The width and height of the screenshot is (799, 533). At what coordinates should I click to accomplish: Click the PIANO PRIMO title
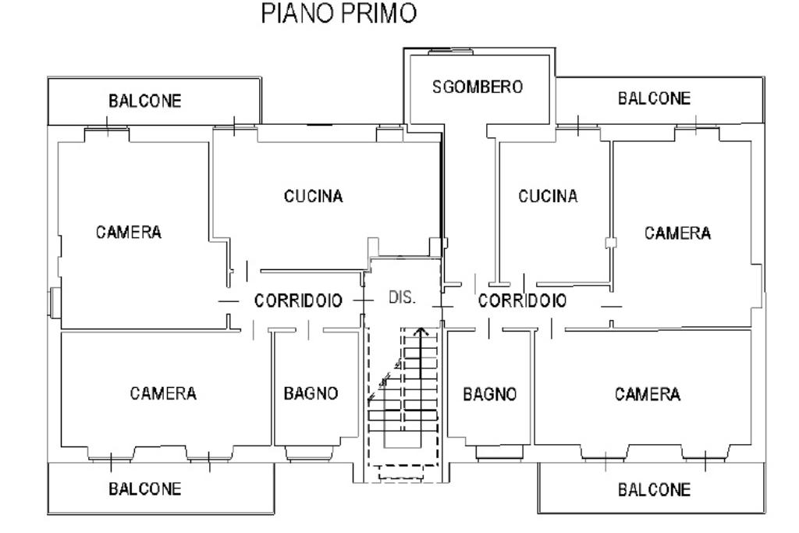tap(339, 13)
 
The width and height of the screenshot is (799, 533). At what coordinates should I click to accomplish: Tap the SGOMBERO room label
tap(478, 87)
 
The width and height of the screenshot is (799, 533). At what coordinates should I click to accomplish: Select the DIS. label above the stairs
tap(402, 297)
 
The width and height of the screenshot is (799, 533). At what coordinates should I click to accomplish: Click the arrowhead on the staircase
tap(421, 332)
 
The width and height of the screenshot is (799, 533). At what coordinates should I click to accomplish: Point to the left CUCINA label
tap(314, 196)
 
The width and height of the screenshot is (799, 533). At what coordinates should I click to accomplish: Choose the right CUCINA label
tap(548, 196)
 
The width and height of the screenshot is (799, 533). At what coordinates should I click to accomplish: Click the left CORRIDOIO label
tap(298, 300)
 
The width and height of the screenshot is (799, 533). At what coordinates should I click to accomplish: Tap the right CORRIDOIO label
tap(522, 300)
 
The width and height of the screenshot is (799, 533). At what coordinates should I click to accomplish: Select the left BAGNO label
tap(311, 393)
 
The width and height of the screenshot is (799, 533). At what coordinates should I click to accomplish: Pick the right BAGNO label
tap(490, 394)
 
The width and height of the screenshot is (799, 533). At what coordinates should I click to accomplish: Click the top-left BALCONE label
tap(144, 101)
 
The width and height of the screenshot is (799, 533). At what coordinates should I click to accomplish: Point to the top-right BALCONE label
tap(655, 98)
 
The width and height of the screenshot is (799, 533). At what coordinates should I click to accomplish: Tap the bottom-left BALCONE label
tap(144, 489)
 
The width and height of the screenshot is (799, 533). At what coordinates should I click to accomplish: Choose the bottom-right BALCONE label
tap(655, 490)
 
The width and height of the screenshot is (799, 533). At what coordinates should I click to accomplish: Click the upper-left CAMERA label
tap(129, 233)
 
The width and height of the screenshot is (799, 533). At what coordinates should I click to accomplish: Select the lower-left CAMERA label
tap(163, 393)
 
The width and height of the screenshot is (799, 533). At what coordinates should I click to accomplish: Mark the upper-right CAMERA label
tap(678, 233)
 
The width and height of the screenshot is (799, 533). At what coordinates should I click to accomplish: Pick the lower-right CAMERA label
tap(648, 394)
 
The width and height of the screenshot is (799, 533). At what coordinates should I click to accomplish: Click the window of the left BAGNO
tap(311, 453)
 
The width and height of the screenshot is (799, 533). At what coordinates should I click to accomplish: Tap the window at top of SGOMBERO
tap(450, 51)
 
